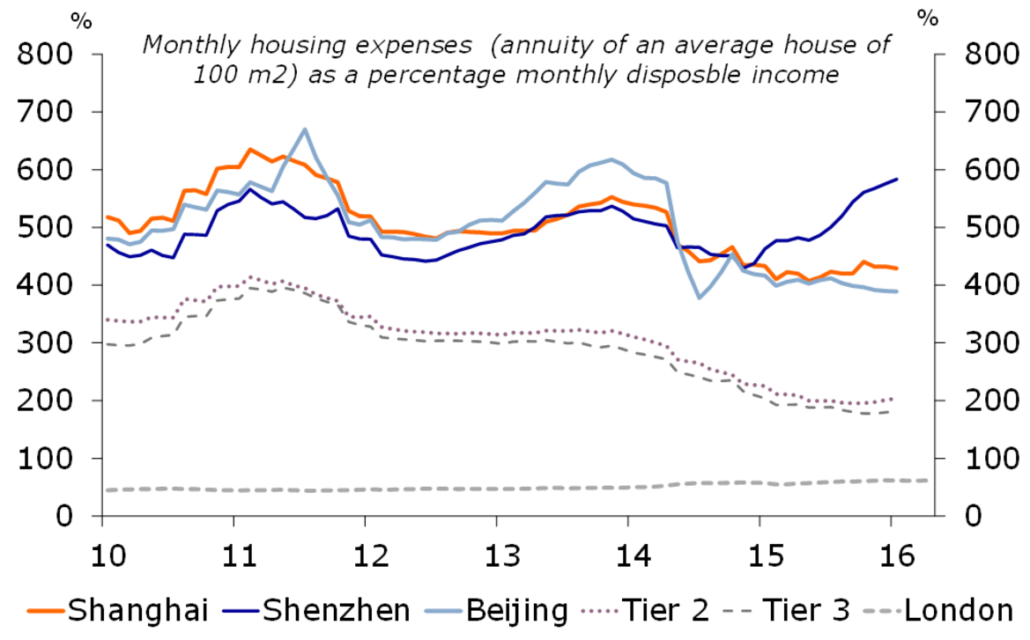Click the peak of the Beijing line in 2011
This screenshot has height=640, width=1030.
[x=305, y=129]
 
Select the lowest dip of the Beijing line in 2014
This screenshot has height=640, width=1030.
[x=700, y=298]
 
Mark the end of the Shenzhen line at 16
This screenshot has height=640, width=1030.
[x=897, y=179]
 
